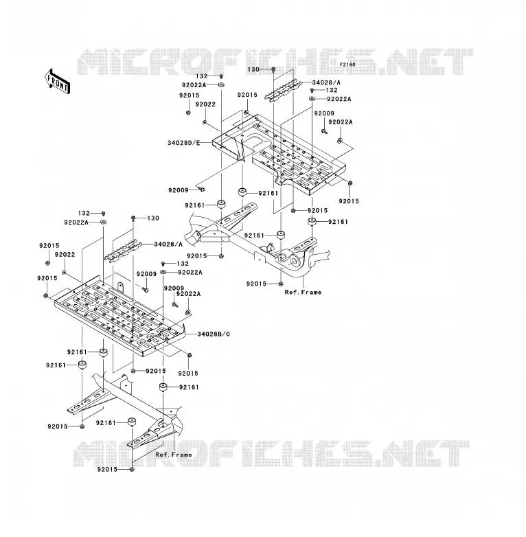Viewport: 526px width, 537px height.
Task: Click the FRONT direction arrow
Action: [58, 81]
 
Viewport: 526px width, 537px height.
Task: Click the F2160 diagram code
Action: [347, 65]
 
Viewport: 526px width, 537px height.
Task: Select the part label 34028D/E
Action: [183, 142]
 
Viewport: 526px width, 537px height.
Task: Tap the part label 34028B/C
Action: [214, 334]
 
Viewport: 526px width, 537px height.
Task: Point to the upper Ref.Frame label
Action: [303, 292]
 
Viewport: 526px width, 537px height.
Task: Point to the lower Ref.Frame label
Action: [174, 455]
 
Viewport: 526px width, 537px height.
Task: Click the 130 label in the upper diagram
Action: [253, 69]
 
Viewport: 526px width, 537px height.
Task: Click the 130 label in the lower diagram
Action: [153, 218]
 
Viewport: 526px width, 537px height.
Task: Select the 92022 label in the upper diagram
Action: [205, 104]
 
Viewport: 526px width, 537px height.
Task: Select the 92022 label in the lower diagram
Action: [65, 255]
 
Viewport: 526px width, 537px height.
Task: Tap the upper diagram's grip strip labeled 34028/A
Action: [281, 90]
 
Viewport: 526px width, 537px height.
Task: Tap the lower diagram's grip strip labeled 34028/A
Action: [123, 251]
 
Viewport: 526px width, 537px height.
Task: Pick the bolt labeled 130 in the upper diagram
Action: [273, 70]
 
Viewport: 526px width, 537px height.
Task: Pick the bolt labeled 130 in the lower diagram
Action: [133, 218]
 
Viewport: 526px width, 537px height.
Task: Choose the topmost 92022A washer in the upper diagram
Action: [221, 84]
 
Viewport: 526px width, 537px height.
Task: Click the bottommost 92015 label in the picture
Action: [107, 469]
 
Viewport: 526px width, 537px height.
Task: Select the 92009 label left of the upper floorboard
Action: [178, 190]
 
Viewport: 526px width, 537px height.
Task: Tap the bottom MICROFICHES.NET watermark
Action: [271, 454]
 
